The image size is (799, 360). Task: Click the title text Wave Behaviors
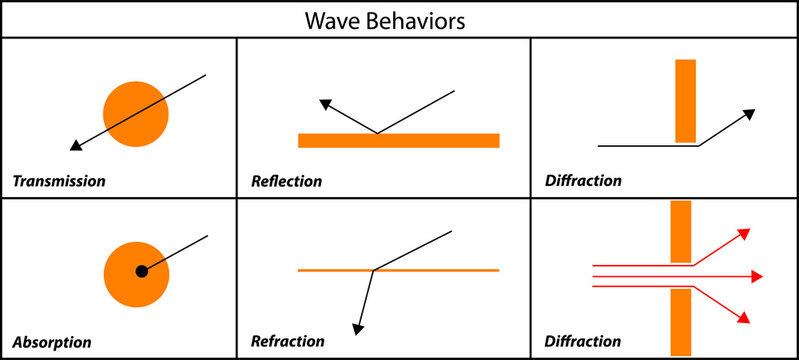click(x=400, y=20)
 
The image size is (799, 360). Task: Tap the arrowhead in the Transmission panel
click(x=75, y=147)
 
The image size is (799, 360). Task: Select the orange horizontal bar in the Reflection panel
click(x=398, y=140)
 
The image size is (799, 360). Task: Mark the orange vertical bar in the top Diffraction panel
click(x=685, y=101)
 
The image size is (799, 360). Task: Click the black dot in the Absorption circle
click(x=142, y=271)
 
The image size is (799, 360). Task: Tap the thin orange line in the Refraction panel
click(x=450, y=270)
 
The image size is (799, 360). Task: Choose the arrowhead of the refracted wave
click(x=355, y=327)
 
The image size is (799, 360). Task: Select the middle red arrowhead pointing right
click(x=758, y=276)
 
